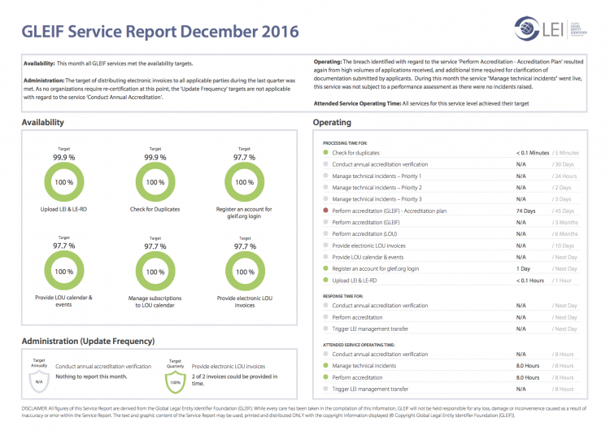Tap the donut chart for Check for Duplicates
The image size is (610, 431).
[155, 183]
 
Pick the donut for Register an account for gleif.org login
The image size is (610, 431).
[246, 183]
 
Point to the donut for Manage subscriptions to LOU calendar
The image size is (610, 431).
[155, 272]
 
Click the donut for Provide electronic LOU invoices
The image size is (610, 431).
[246, 272]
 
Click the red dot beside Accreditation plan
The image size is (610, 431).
[325, 211]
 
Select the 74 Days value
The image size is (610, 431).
[526, 211]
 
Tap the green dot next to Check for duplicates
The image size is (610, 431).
[325, 152]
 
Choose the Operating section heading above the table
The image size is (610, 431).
[332, 123]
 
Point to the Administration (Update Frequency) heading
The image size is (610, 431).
[88, 341]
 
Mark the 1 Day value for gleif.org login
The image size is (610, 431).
[523, 268]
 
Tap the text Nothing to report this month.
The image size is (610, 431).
[92, 377]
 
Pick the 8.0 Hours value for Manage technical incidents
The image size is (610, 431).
[528, 366]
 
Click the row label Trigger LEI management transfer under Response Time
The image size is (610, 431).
[370, 329]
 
